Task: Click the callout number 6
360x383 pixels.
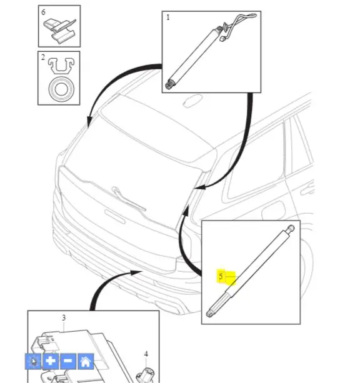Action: [x=43, y=12]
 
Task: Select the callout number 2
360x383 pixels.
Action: [x=43, y=57]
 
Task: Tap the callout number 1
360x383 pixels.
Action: [x=168, y=17]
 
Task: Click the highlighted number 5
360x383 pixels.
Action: [x=221, y=277]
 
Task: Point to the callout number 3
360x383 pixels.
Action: [x=64, y=318]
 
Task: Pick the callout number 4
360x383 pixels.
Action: [x=146, y=354]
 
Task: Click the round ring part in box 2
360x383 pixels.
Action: [x=61, y=89]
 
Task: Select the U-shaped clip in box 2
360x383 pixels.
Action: [x=61, y=66]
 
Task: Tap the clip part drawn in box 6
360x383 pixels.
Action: [x=60, y=31]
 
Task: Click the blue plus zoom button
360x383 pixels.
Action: [x=51, y=361]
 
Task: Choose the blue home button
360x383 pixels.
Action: [x=86, y=361]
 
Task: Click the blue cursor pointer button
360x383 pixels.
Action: [x=33, y=361]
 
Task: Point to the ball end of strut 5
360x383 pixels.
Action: [x=291, y=229]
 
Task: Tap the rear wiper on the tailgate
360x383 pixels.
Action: [x=128, y=199]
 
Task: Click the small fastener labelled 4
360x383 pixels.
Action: [x=145, y=374]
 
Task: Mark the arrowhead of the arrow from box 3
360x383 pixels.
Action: [x=136, y=272]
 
